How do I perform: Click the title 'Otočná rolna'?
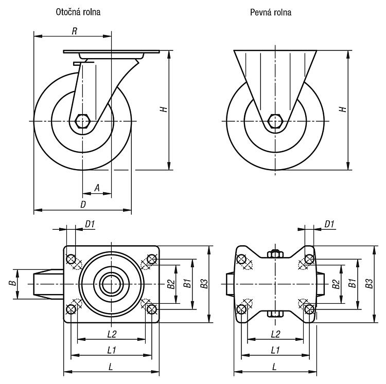(78, 12)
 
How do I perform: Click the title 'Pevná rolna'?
(271, 12)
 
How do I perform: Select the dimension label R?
(74, 31)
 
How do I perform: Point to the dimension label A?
(97, 188)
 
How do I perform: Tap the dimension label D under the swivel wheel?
(83, 204)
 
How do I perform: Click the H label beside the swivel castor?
(164, 109)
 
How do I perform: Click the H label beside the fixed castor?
(343, 109)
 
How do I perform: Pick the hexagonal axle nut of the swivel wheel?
(83, 121)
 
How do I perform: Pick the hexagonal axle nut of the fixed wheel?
(275, 121)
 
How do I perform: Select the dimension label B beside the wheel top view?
(13, 283)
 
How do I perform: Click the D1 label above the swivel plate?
(90, 224)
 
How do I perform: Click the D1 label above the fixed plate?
(329, 224)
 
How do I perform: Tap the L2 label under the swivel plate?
(112, 334)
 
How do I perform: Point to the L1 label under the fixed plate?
(275, 350)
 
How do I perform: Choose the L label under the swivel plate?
(111, 367)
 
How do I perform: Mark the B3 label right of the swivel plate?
(204, 283)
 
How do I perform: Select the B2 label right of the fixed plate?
(336, 284)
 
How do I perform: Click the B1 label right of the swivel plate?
(187, 283)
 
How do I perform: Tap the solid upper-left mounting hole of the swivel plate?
(71, 259)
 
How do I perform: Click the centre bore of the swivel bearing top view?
(112, 284)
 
